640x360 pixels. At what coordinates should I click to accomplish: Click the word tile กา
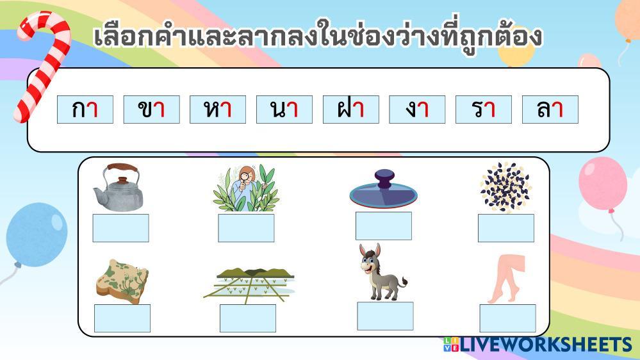pos(85,110)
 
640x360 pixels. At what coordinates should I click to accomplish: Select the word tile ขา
pos(151,110)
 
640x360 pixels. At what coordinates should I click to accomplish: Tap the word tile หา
pos(218,110)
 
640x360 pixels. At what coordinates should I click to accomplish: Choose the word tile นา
pos(284,110)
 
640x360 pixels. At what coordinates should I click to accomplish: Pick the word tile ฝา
pos(350,110)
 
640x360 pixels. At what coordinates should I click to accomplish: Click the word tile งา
pos(416,110)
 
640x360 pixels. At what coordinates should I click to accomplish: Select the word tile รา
pos(483,110)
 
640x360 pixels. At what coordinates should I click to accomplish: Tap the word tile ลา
pos(550,110)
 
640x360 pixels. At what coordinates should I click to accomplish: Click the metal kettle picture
pos(119,187)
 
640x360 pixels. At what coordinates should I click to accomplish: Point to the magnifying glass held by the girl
pos(245,178)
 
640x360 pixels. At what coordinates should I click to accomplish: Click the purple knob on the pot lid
pos(384,179)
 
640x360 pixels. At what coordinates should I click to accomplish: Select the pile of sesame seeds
pos(505,187)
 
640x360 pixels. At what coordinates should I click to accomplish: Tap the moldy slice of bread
pos(122,281)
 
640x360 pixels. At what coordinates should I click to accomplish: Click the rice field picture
pos(249,285)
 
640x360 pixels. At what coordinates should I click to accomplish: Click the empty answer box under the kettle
pos(121,228)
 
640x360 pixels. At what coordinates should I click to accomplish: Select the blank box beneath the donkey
pos(385,316)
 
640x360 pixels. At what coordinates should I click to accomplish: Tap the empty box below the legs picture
pos(508,318)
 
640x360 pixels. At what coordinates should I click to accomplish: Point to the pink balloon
pos(603,184)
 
